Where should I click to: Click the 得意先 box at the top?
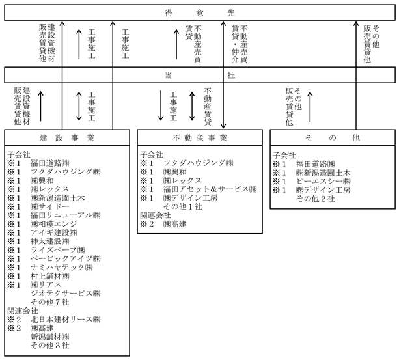click(199, 13)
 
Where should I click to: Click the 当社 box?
click(199, 75)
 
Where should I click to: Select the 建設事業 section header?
click(67, 138)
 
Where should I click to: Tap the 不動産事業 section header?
click(200, 138)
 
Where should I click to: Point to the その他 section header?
click(331, 138)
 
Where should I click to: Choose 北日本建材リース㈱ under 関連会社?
click(65, 320)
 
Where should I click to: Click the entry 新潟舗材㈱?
click(49, 337)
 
